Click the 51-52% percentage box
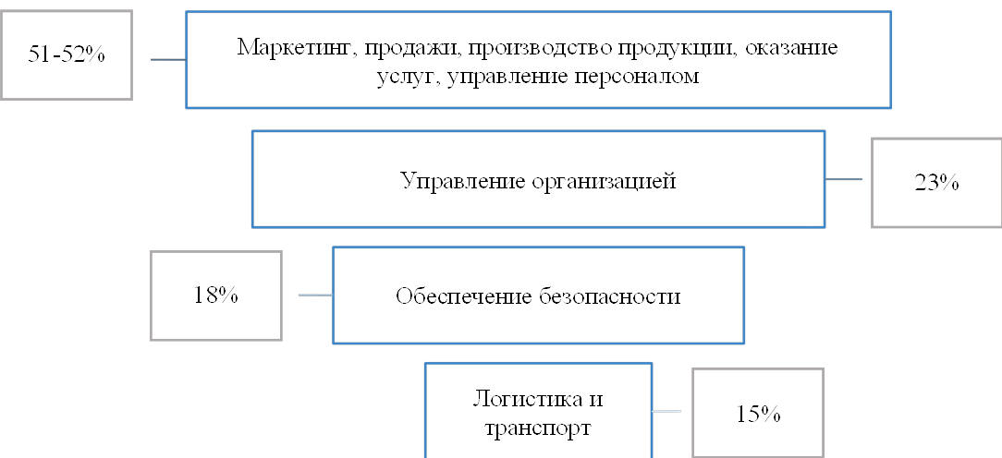(66, 54)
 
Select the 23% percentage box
(936, 182)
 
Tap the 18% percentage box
(216, 295)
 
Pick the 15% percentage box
(758, 413)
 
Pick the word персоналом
(642, 77)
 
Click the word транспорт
(538, 428)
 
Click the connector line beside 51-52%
(167, 57)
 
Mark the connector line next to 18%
(315, 295)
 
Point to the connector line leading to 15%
(667, 409)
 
